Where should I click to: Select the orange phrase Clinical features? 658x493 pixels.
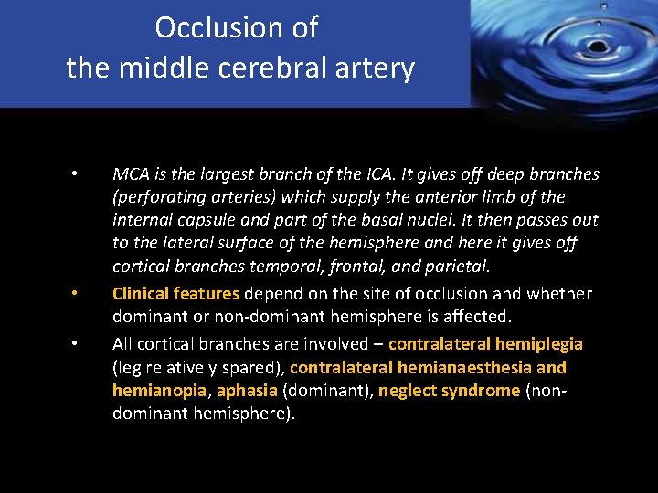[x=175, y=294]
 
